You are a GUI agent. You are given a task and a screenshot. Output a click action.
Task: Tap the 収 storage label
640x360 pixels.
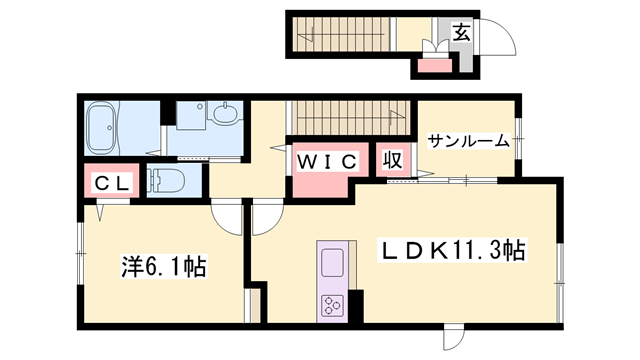coord(391,161)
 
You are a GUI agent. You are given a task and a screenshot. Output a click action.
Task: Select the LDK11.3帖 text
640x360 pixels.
coord(452,250)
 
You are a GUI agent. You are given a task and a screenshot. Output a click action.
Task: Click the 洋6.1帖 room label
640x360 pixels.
coord(164,267)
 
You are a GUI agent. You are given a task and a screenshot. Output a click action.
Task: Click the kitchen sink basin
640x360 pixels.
coord(331,264)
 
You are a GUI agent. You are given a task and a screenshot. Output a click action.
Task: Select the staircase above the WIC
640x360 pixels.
coord(350,116)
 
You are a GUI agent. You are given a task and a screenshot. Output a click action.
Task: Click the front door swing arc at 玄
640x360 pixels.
coord(500,38)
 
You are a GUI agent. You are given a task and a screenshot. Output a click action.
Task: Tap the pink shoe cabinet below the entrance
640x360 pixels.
coord(433,67)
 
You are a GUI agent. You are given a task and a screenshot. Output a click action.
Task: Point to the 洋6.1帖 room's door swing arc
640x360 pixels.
coord(228,217)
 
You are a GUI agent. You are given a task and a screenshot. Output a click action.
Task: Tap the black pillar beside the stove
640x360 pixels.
coord(354,305)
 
